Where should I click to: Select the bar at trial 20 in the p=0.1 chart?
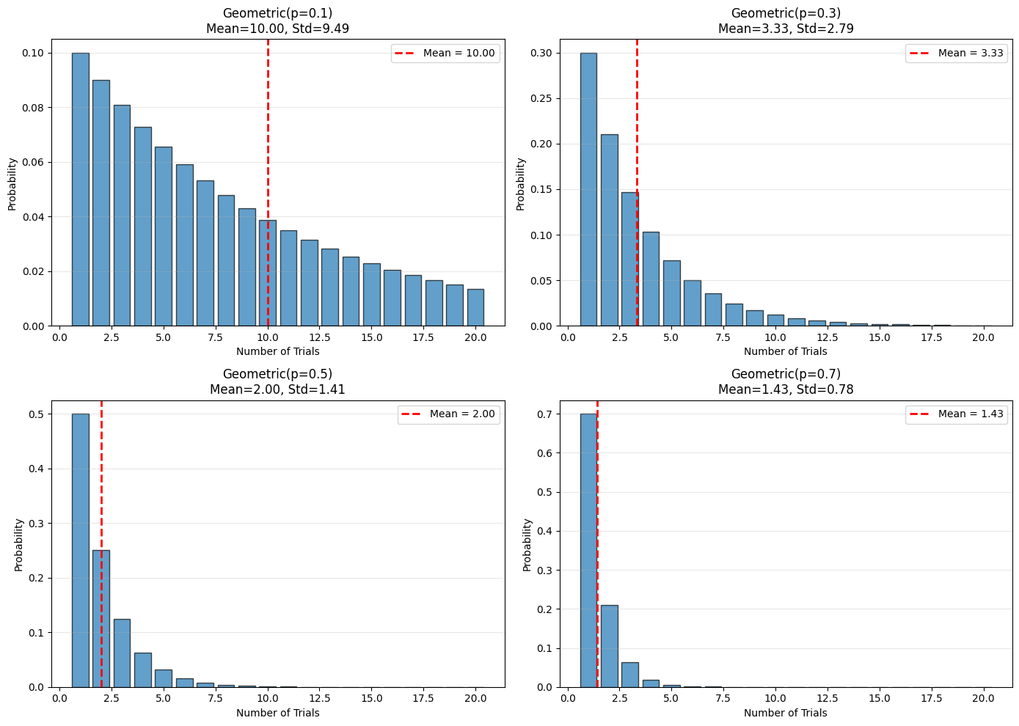(475, 308)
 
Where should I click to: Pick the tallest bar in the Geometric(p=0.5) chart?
(80, 550)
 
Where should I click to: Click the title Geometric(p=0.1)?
(277, 13)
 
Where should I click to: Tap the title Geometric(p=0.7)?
(786, 374)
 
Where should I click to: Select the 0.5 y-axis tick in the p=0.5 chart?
(37, 414)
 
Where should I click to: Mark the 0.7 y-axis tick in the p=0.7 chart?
(545, 414)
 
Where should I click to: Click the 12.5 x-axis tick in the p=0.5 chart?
(319, 698)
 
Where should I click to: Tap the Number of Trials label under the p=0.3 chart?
(786, 351)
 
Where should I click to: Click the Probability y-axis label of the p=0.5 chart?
(19, 544)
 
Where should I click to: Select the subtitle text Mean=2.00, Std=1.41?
(277, 389)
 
